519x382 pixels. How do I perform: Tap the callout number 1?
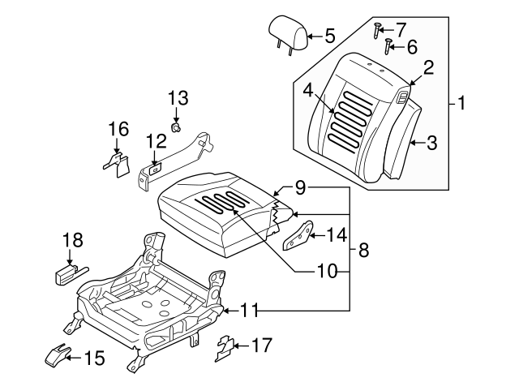click(x=462, y=104)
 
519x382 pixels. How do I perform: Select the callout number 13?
click(x=178, y=99)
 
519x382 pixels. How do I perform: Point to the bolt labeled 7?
click(x=378, y=31)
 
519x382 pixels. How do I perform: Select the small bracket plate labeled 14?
click(x=298, y=236)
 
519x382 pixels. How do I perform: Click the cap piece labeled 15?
click(x=58, y=354)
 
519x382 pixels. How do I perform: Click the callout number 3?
click(x=431, y=144)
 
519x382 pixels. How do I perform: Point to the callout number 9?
click(x=300, y=188)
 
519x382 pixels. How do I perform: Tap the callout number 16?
click(x=118, y=129)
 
